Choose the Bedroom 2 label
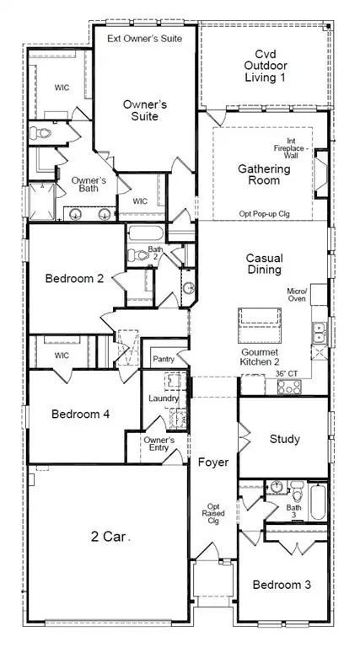(x=75, y=279)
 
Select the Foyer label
(x=213, y=463)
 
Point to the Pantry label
(x=164, y=359)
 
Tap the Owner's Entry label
(x=159, y=445)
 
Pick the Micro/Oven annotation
(x=298, y=295)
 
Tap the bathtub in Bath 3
(x=317, y=502)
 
